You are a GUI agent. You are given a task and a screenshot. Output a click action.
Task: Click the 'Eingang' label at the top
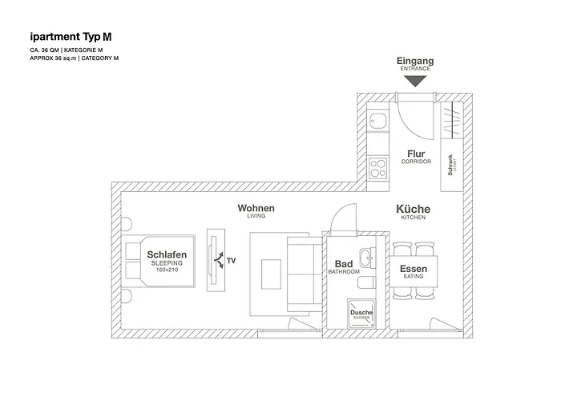pos(416,61)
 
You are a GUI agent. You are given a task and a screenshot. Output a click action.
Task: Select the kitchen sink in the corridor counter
pos(377,122)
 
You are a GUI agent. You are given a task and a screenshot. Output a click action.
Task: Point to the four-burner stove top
pos(377,167)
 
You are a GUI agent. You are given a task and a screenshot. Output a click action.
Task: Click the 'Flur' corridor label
pos(416,154)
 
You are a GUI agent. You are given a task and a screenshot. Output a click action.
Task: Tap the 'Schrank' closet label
pos(451,164)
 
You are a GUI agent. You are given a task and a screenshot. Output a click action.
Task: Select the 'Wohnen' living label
pos(256,208)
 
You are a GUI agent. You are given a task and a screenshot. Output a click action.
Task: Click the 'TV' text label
pos(232,261)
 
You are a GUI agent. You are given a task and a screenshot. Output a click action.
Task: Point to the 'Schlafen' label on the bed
pos(167,255)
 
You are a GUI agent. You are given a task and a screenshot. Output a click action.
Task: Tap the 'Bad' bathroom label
pos(344,264)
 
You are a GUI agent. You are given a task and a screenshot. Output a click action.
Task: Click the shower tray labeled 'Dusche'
pos(361,314)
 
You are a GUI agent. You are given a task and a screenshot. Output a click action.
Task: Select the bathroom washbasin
pos(366,258)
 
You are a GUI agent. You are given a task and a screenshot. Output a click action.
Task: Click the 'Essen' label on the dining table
pos(414,269)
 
